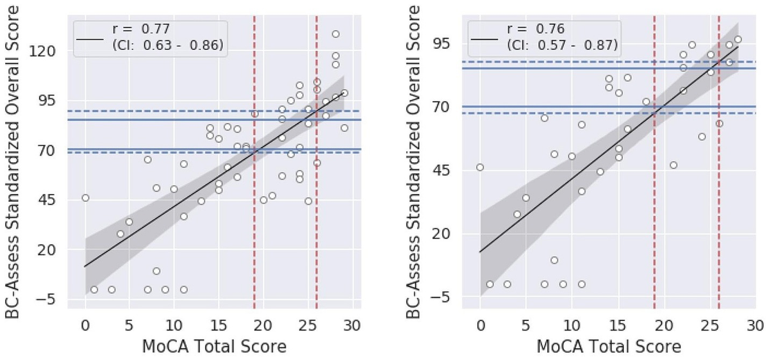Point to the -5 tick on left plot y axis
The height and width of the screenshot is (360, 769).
click(x=50, y=300)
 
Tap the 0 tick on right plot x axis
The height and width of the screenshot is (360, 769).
click(x=480, y=325)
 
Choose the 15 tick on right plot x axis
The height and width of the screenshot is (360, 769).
click(x=618, y=325)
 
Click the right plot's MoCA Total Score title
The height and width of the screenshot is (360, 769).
click(x=608, y=347)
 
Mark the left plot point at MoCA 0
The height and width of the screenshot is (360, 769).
click(x=85, y=198)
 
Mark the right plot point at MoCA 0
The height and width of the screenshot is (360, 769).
click(x=480, y=167)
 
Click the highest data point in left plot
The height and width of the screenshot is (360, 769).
click(x=335, y=34)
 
